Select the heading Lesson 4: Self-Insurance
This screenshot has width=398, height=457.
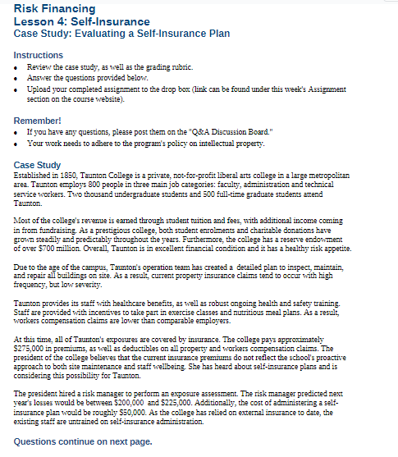pos(82,21)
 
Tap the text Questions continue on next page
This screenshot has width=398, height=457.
pos(83,441)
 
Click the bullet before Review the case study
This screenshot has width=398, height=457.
pos(18,65)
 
